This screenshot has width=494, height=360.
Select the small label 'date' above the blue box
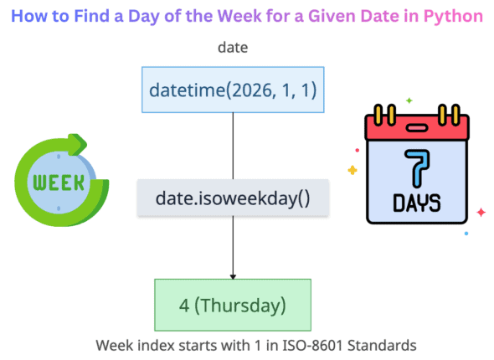point(232,48)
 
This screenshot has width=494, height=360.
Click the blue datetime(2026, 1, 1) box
point(232,89)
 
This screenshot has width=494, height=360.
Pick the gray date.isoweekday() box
point(232,198)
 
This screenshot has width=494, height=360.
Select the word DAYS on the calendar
point(415,203)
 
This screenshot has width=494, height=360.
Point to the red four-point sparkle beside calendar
point(481,213)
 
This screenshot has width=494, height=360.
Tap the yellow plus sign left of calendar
point(352,170)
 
